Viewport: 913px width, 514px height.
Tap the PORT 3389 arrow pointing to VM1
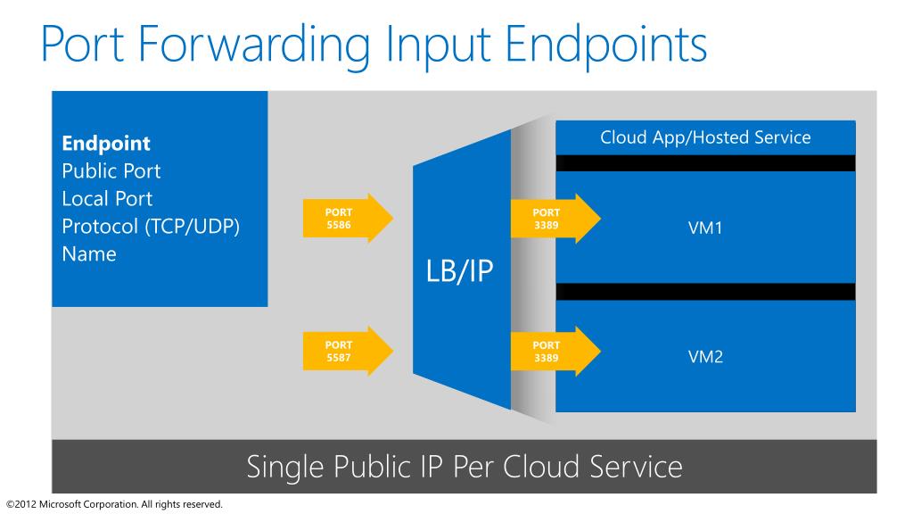click(554, 218)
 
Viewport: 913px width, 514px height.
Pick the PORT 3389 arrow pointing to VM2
click(554, 351)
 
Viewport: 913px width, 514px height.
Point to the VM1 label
click(705, 228)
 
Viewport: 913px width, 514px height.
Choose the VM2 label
click(705, 358)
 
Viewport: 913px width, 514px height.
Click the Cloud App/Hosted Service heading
click(705, 137)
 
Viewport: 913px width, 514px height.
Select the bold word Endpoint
click(106, 144)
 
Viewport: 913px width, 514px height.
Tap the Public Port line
click(111, 171)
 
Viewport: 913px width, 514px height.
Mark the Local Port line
click(107, 199)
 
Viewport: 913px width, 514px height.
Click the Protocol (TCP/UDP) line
click(152, 227)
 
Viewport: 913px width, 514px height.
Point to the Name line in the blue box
click(89, 254)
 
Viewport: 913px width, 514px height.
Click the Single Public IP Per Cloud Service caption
click(464, 467)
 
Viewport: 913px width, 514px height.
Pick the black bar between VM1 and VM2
click(705, 292)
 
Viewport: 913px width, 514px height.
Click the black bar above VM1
click(705, 162)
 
